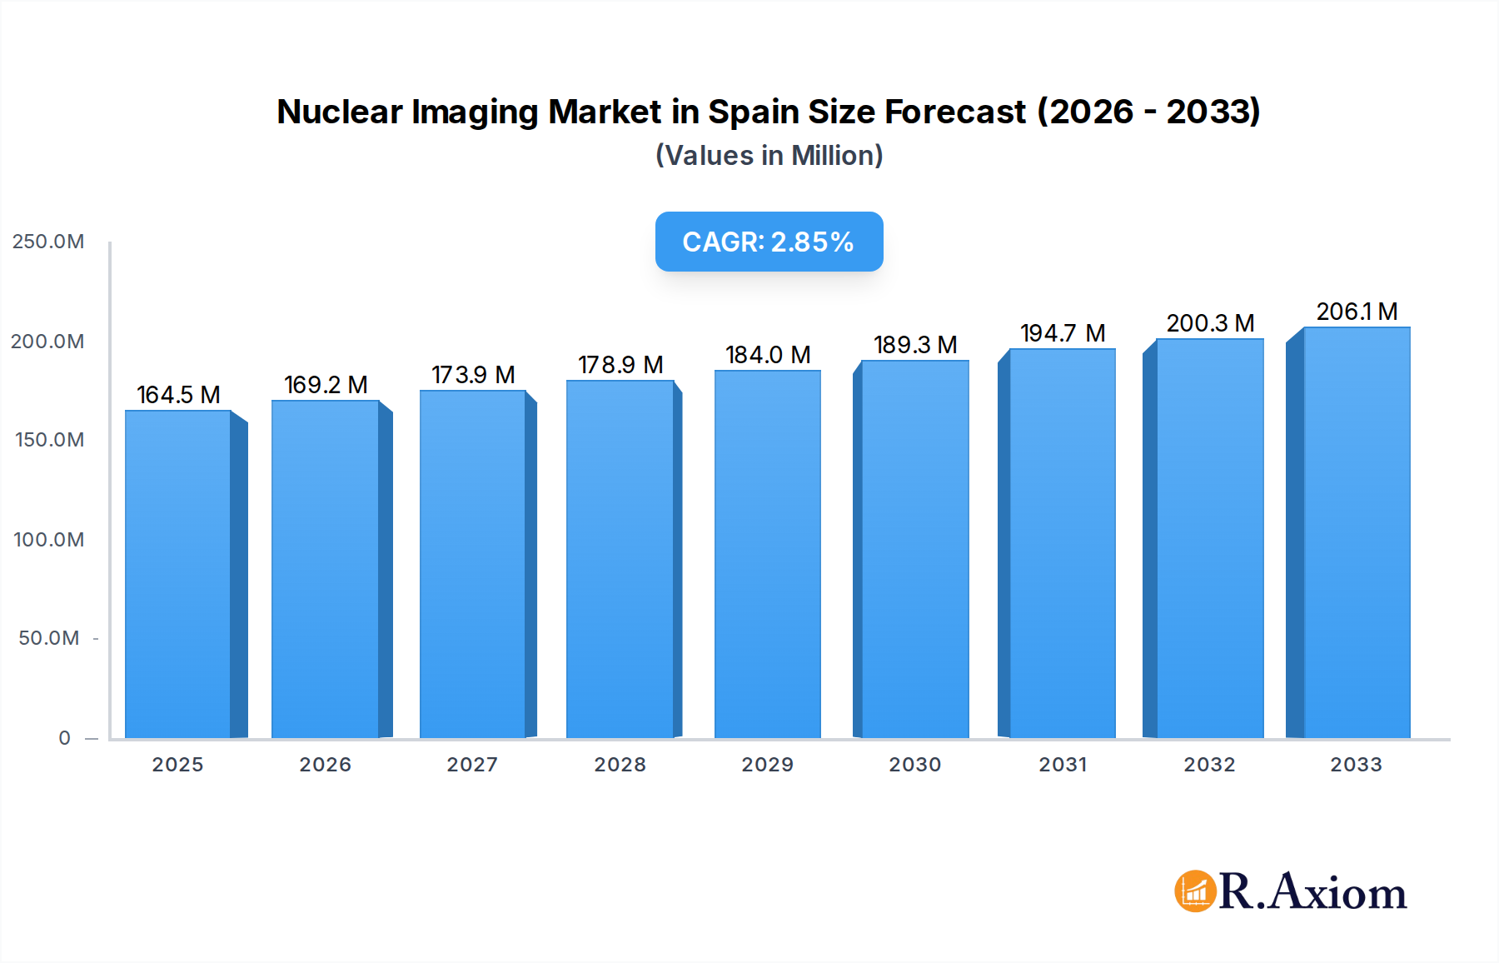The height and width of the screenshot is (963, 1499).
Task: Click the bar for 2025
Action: pos(178,575)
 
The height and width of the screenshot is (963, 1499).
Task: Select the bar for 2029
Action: pos(768,554)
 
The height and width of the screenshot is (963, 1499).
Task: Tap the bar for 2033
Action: pos(1357,533)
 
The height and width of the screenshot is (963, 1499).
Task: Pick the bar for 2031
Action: pos(1062,543)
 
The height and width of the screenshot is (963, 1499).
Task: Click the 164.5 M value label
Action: pos(178,395)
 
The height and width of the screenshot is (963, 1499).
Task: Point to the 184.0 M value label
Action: pos(768,355)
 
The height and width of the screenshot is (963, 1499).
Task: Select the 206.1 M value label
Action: pos(1357,312)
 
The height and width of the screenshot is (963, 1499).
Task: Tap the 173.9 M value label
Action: pos(473,375)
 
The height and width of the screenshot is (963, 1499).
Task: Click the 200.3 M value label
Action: pos(1210,323)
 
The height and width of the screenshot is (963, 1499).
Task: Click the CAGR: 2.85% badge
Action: pos(769,242)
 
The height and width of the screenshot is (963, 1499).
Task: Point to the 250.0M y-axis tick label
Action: pos(48,242)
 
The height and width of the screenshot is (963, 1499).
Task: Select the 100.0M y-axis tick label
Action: pos(48,540)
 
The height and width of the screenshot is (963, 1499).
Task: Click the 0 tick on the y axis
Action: pos(64,738)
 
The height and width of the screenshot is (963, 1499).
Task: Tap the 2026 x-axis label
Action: pos(325,765)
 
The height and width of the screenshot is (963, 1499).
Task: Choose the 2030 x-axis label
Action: pos(914,765)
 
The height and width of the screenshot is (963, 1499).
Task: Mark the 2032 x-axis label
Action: pos(1209,765)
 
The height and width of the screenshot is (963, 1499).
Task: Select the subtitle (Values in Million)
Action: pos(769,156)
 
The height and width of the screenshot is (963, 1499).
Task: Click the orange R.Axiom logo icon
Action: pos(1195,891)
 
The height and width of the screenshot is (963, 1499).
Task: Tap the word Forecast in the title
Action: pos(955,112)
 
